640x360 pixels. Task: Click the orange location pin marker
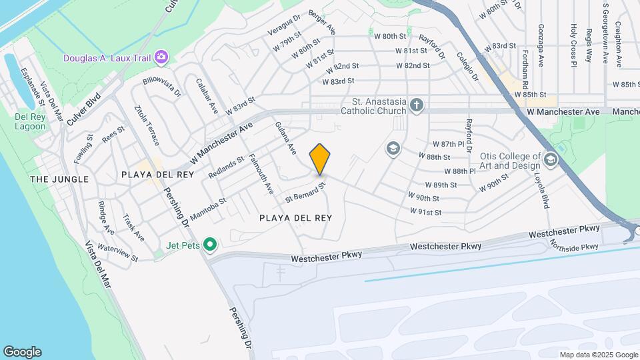pyautogui.click(x=320, y=159)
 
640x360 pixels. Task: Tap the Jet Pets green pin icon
pyautogui.click(x=210, y=245)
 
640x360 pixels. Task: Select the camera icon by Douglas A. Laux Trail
pyautogui.click(x=161, y=57)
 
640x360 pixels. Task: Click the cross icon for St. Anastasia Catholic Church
pyautogui.click(x=417, y=105)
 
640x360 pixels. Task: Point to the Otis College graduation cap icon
pyautogui.click(x=551, y=159)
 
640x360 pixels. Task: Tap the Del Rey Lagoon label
pyautogui.click(x=30, y=121)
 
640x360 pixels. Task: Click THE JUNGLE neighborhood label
pyautogui.click(x=59, y=179)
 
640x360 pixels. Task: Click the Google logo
pyautogui.click(x=22, y=352)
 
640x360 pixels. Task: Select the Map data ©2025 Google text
pyautogui.click(x=598, y=355)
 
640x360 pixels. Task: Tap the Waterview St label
pyautogui.click(x=117, y=252)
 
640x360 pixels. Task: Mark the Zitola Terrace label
pyautogui.click(x=146, y=125)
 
